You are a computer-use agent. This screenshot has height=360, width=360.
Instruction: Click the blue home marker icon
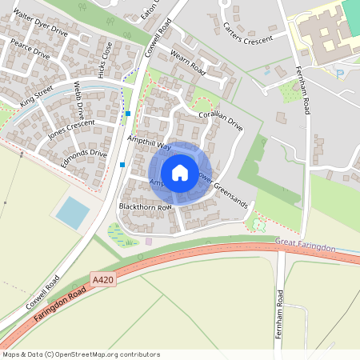(180, 172)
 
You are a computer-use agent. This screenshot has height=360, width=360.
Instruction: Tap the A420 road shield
(102, 280)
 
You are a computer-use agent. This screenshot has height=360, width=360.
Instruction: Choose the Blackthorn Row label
(145, 207)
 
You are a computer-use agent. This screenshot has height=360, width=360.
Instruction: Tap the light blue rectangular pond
(73, 212)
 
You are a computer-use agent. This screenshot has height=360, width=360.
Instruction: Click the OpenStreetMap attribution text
(81, 354)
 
